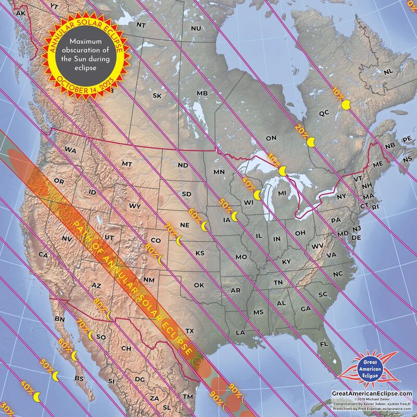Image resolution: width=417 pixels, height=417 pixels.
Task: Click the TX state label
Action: click(190, 330)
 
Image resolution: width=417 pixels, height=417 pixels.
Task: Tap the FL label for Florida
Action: click(324, 345)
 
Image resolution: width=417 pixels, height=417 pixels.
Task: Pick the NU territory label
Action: click(196, 28)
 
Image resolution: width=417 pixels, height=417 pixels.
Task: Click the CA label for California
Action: click(43, 255)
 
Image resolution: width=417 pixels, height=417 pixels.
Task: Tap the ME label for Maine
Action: click(378, 165)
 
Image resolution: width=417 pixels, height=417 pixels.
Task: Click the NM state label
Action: click(149, 280)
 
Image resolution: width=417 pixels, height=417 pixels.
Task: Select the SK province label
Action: click(157, 95)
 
